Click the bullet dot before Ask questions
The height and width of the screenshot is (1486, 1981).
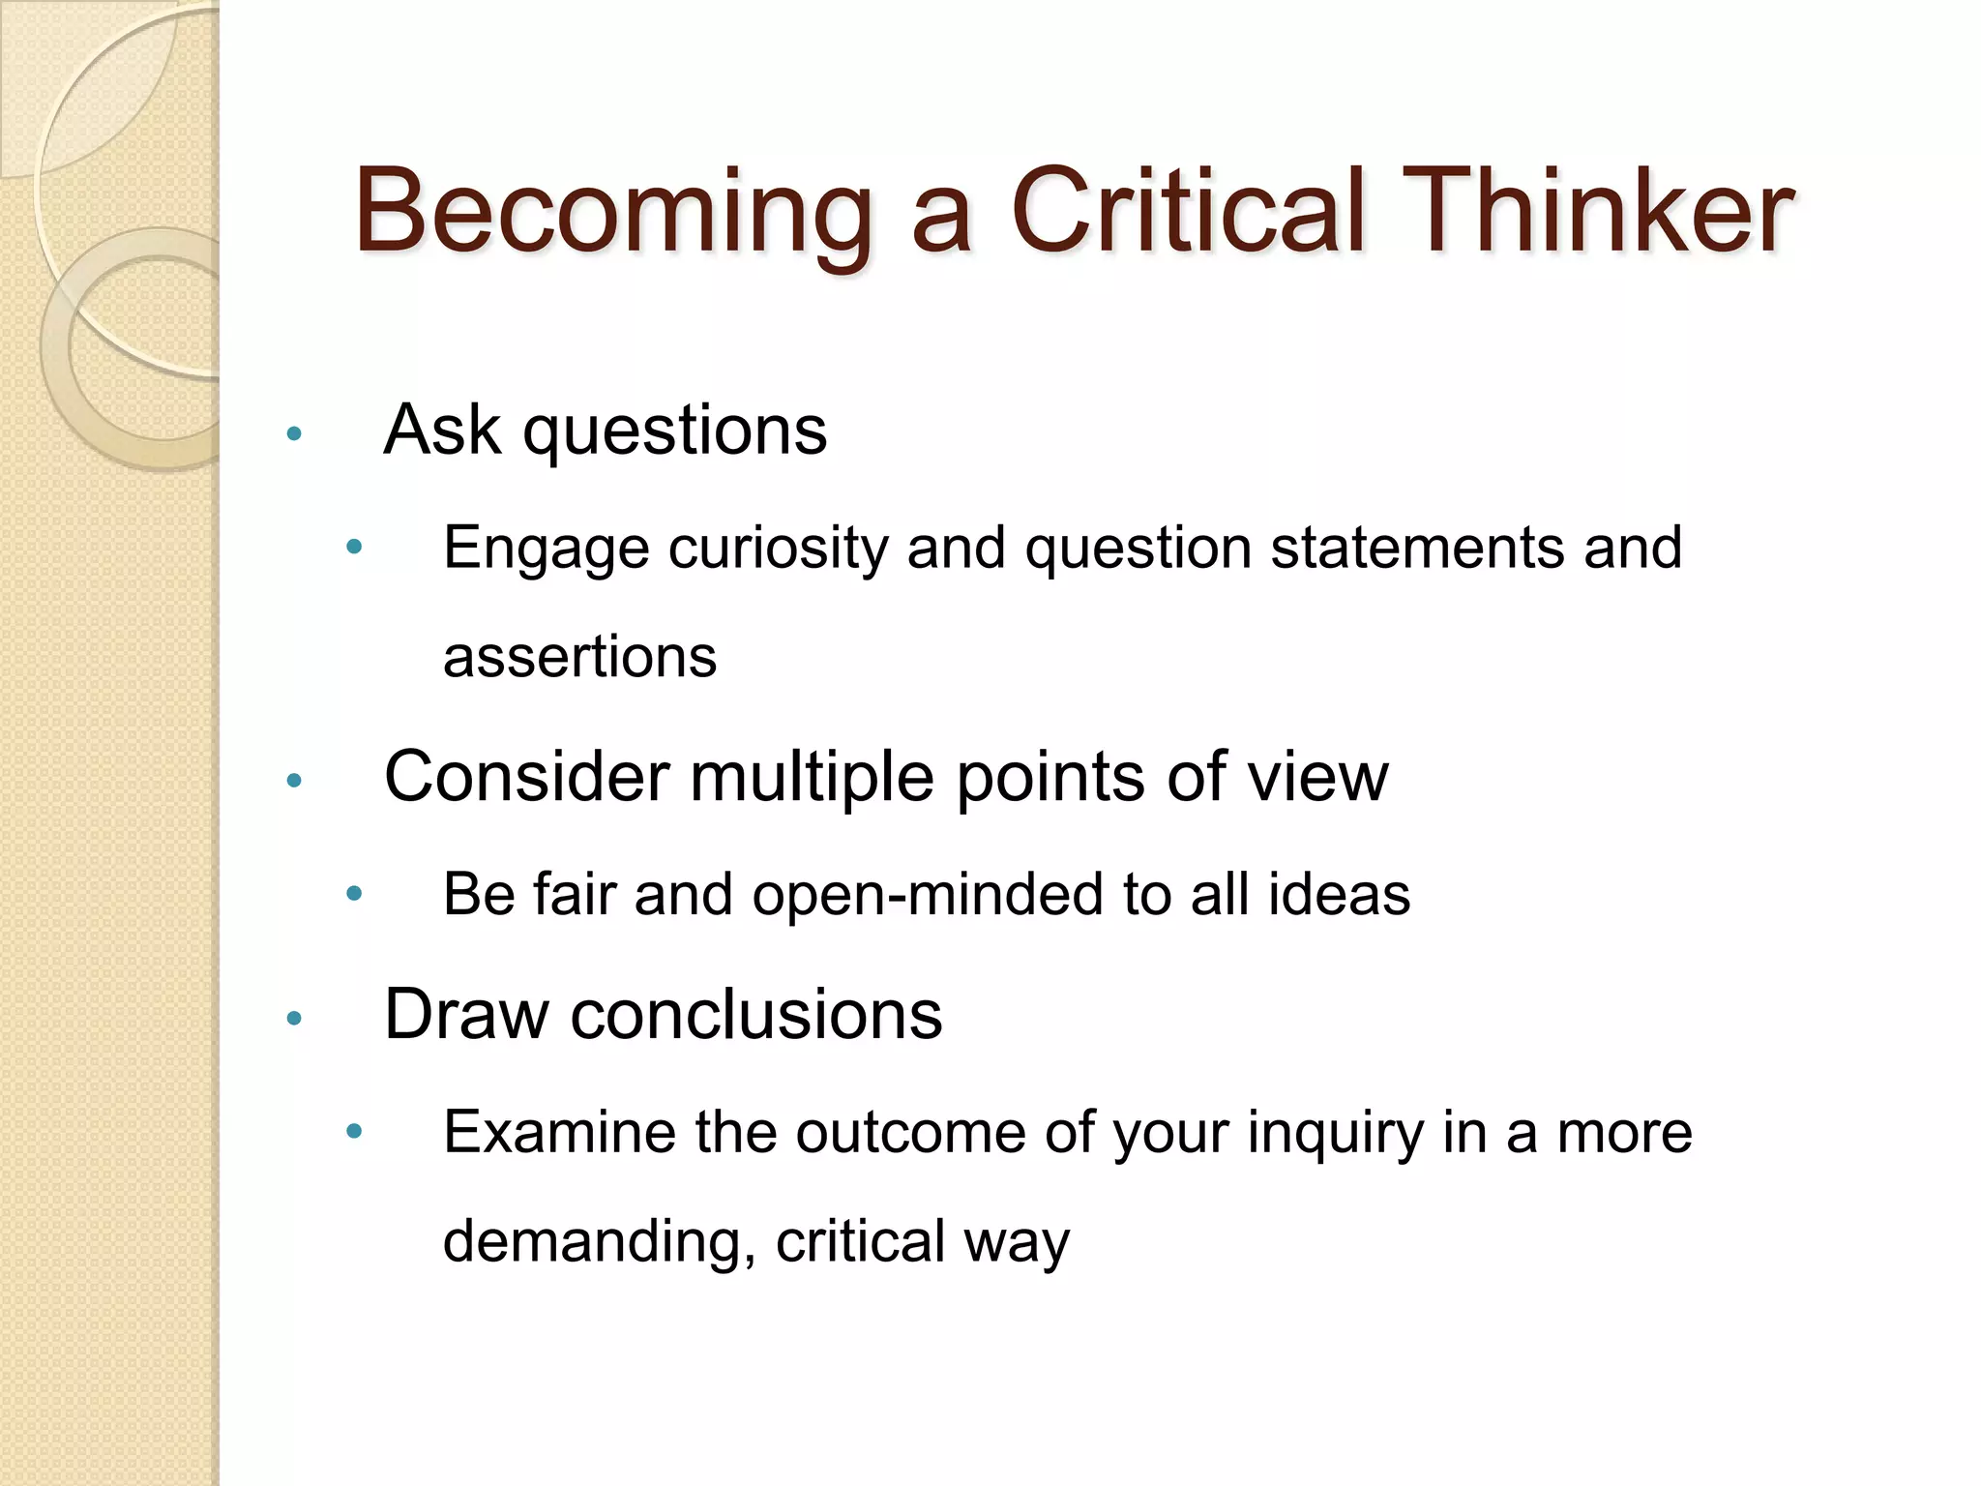295,433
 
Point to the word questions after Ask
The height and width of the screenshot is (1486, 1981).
674,431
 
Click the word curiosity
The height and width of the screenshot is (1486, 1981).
778,550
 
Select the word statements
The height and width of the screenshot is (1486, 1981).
1416,548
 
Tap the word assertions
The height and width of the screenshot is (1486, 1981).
579,658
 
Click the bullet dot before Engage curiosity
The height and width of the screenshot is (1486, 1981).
354,548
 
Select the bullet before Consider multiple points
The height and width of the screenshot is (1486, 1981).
295,780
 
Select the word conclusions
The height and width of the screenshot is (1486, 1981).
755,1015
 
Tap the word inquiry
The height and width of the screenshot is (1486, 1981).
1335,1134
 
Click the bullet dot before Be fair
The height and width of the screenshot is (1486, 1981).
354,894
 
